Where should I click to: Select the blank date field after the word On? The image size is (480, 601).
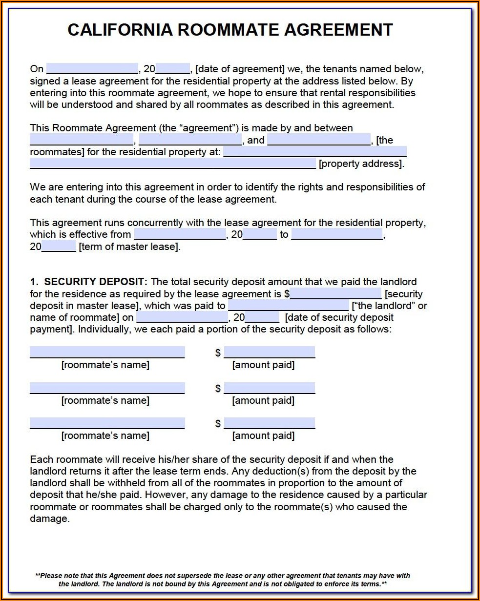coord(92,69)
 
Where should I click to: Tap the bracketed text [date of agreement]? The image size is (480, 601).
coord(240,69)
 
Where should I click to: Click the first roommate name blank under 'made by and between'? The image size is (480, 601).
coord(82,141)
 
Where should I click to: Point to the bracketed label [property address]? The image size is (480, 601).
coord(361,164)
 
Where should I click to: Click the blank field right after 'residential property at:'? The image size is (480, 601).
coord(315,152)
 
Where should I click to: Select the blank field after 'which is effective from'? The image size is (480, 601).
coord(180,235)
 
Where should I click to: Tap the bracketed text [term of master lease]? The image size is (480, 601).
coord(129,247)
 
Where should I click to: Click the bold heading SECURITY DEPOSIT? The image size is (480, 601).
coord(95,282)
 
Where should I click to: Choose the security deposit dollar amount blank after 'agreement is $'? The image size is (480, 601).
coord(336,294)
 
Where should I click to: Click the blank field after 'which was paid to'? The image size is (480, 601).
coord(289,306)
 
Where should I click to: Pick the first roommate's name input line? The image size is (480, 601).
coord(107,352)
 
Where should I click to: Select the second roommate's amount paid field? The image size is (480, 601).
coord(269,388)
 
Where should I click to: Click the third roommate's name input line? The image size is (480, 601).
coord(107,423)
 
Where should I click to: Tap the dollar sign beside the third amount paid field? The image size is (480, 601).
coord(218,424)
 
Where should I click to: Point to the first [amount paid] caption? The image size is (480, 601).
coord(263,365)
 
